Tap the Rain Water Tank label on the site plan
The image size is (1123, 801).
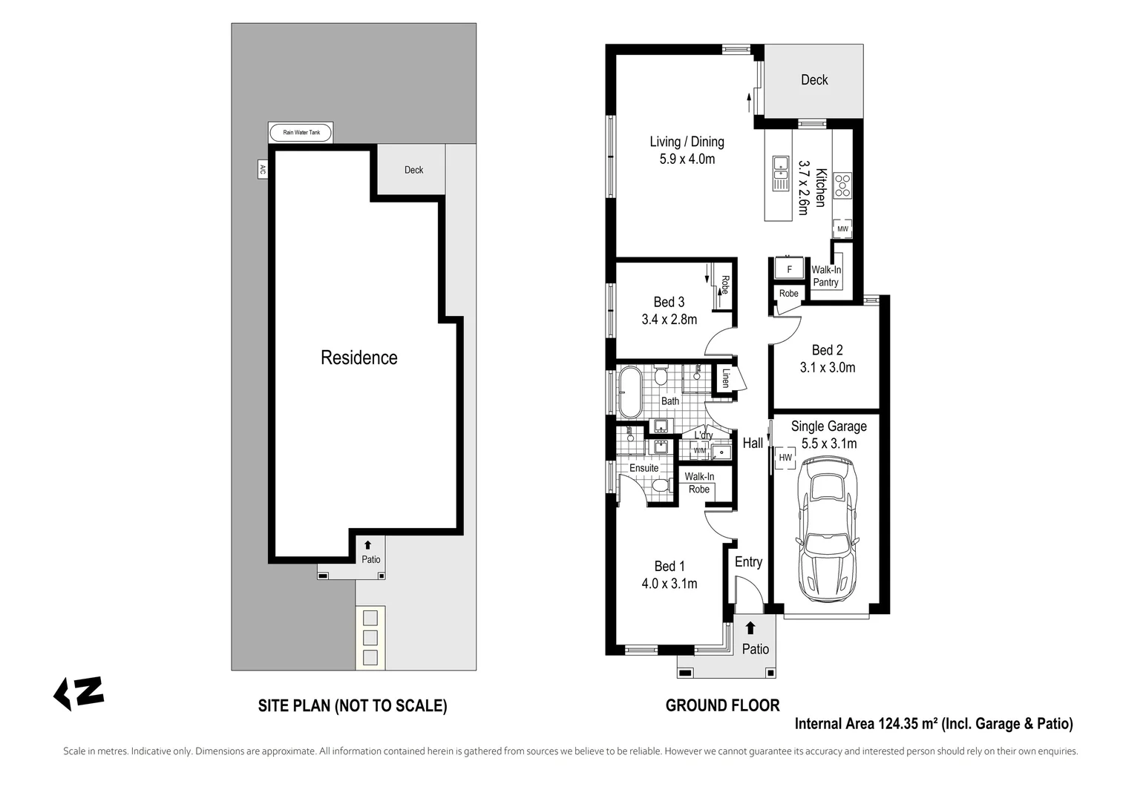(x=301, y=133)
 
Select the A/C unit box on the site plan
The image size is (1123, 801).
(x=262, y=169)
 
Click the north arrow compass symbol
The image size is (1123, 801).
(x=79, y=693)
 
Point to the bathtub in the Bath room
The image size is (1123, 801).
(x=630, y=392)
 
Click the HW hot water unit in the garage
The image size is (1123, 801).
(x=785, y=458)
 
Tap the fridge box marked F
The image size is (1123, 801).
(x=789, y=269)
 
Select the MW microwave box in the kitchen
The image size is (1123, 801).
(x=842, y=229)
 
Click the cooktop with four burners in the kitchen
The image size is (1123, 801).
(x=842, y=185)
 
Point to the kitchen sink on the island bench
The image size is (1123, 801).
(x=780, y=173)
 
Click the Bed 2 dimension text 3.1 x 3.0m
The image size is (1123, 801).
(x=827, y=368)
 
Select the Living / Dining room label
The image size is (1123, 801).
(x=687, y=142)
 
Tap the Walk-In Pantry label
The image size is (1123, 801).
(x=825, y=276)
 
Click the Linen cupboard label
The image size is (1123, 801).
(x=725, y=378)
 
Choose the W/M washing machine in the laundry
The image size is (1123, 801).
(x=700, y=450)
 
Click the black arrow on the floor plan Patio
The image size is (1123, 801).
(x=750, y=628)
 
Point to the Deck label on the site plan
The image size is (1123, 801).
(x=413, y=170)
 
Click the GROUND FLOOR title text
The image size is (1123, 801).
(x=722, y=705)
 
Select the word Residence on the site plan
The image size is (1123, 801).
(x=358, y=357)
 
